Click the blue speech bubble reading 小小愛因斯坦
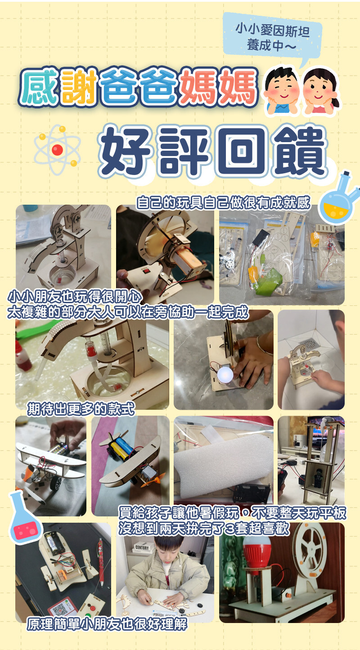272,38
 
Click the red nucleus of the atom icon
57,150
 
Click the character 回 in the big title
242,150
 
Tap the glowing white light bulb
225,374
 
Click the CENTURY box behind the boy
142,547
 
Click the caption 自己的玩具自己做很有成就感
223,202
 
